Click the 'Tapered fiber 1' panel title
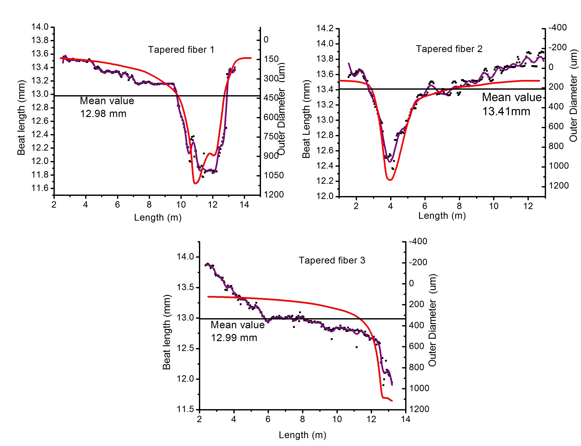[181, 50]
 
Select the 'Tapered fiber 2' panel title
[449, 49]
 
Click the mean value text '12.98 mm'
[103, 114]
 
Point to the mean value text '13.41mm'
[506, 111]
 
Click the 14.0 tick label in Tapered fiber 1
[40, 27]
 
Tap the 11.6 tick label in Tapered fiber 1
[40, 188]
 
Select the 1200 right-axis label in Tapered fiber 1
[274, 194]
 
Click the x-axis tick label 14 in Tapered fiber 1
[244, 204]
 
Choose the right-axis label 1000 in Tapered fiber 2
[559, 166]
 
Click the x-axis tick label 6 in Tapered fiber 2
[425, 206]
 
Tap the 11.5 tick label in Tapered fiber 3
[185, 409]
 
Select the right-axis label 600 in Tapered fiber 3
[417, 346]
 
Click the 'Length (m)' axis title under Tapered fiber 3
[302, 435]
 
